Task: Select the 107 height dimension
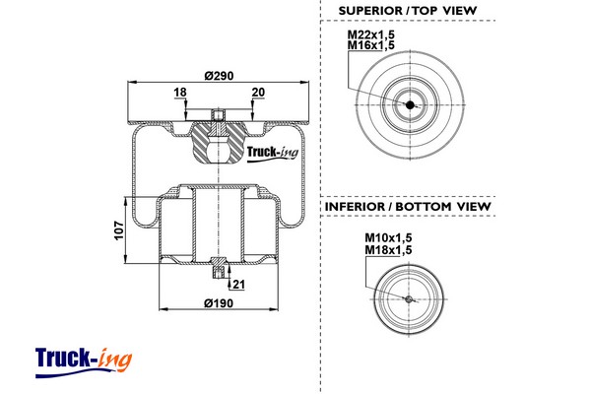tap(118, 230)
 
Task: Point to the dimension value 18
tap(180, 93)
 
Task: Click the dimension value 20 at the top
tap(258, 93)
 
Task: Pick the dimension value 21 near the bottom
tap(239, 285)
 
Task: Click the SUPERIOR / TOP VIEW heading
tap(407, 11)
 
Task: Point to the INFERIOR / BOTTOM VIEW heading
tap(407, 206)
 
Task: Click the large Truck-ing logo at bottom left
tap(83, 359)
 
